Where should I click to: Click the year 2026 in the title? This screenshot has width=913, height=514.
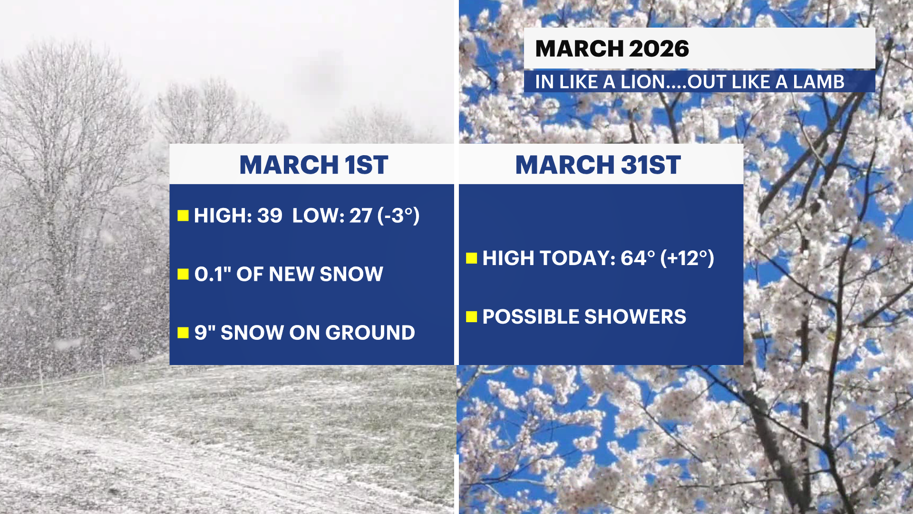[659, 49]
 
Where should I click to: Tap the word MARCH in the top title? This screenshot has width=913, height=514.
[579, 49]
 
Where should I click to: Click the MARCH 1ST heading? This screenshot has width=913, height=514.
[314, 165]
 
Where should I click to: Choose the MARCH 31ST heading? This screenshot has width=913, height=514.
[598, 165]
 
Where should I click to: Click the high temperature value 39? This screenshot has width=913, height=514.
[270, 216]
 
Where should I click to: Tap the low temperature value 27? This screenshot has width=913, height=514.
[361, 216]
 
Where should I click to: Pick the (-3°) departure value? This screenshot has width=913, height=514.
[398, 216]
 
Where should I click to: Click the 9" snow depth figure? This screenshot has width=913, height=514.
[205, 332]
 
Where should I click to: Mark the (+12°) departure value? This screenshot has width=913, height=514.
[687, 258]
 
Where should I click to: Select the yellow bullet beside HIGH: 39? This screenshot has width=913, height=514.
[183, 216]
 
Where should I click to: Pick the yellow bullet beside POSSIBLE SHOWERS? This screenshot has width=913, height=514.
[472, 316]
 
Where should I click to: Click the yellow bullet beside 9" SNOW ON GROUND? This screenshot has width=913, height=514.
[183, 332]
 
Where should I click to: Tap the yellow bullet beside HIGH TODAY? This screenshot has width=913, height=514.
[472, 258]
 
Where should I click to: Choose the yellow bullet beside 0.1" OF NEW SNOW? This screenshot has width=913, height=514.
[183, 274]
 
